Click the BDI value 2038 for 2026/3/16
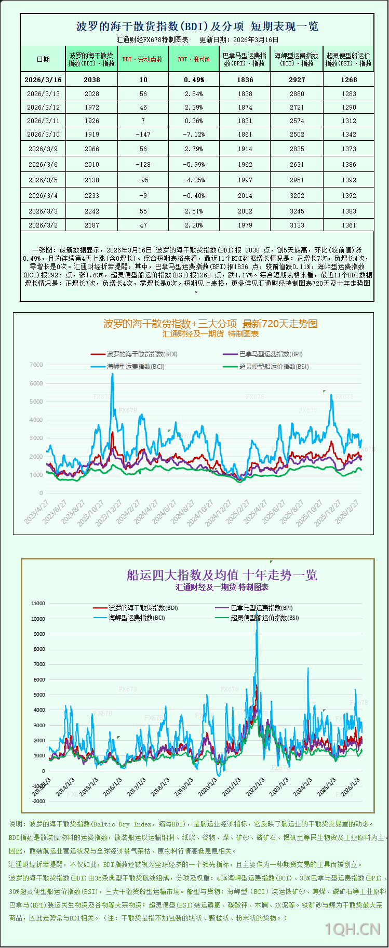point(91,80)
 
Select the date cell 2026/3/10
point(43,135)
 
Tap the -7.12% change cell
point(194,135)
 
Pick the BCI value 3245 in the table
point(297,211)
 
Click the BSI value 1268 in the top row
point(348,80)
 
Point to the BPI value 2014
point(245,196)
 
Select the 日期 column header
point(43,59)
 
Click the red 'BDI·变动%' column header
point(194,59)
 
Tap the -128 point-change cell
point(143,165)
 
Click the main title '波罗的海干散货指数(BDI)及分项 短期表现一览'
point(197,26)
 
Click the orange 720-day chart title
point(210,324)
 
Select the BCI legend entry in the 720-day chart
point(136,367)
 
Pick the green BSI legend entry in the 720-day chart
point(274,367)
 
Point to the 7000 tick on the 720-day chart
point(36,365)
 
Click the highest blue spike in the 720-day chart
point(112,375)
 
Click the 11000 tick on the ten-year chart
point(38,604)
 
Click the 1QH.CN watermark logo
point(353,929)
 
